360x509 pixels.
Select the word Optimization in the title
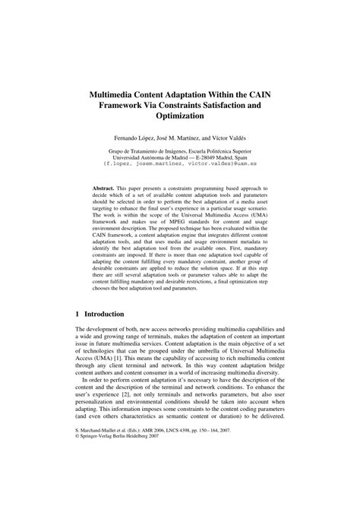pyautogui.click(x=180, y=118)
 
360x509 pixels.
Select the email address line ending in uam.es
pyautogui.click(x=180, y=162)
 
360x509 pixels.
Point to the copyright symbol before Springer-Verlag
pyautogui.click(x=78, y=479)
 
